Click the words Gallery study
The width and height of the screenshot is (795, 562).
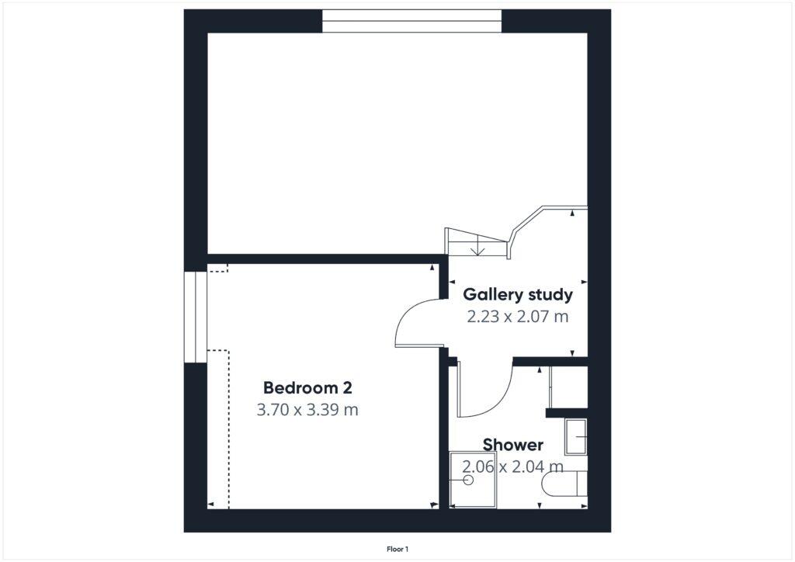click(x=518, y=295)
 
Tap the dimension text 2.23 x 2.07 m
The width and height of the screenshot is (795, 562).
click(x=518, y=317)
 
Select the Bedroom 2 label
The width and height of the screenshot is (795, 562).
click(x=307, y=387)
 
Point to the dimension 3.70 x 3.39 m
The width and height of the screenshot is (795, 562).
click(x=307, y=409)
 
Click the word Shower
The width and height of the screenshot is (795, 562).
click(x=513, y=445)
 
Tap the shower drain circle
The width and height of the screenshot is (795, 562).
click(x=469, y=480)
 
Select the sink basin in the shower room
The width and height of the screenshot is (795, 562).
click(x=576, y=437)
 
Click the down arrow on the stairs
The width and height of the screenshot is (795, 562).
click(x=479, y=250)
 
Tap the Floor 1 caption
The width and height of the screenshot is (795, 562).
click(x=397, y=549)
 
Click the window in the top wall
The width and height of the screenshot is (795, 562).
click(x=411, y=21)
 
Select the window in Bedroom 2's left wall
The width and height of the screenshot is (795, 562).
click(x=195, y=316)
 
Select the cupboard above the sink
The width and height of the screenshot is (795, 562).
click(x=568, y=387)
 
